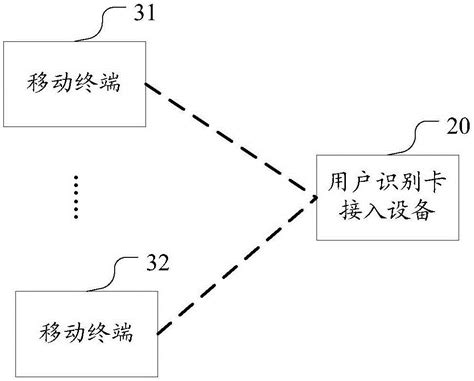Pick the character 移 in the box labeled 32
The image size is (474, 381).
[x=50, y=330]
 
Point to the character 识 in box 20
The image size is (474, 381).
[x=383, y=183]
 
